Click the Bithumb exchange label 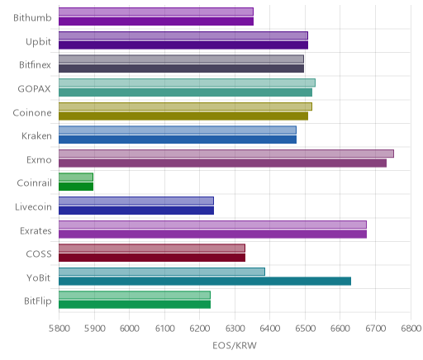(32, 18)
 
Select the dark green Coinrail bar (76, 187)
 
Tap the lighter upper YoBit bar (162, 272)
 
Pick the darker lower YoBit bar (205, 281)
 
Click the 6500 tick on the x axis (305, 329)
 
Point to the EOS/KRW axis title (235, 345)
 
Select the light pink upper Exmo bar (226, 154)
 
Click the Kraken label (36, 136)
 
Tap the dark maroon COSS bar (152, 258)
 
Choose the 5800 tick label (59, 329)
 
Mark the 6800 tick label (411, 329)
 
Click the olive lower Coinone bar (183, 116)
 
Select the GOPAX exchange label (35, 89)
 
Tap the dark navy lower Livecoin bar (136, 211)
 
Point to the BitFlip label (38, 301)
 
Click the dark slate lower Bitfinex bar (181, 69)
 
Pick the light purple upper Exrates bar (212, 225)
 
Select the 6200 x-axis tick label (199, 329)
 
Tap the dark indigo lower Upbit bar (183, 45)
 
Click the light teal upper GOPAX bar (187, 83)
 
